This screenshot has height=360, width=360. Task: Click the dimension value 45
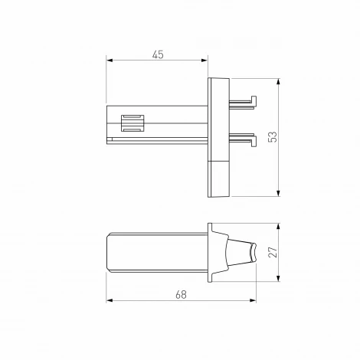pyautogui.click(x=158, y=54)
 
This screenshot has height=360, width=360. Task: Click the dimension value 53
pyautogui.click(x=272, y=136)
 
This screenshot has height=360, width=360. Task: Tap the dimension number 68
pyautogui.click(x=181, y=293)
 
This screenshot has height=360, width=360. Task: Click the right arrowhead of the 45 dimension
pyautogui.click(x=205, y=61)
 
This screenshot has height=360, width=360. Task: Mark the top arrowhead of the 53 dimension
pyautogui.click(x=278, y=80)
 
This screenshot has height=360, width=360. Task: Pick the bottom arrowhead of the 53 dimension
pyautogui.click(x=278, y=194)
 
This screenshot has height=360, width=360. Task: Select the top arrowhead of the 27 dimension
pyautogui.click(x=277, y=225)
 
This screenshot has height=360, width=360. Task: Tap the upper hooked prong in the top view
pyautogui.click(x=244, y=100)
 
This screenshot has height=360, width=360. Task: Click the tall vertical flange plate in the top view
pyautogui.click(x=218, y=136)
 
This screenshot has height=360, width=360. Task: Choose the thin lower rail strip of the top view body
pyautogui.click(x=157, y=140)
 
